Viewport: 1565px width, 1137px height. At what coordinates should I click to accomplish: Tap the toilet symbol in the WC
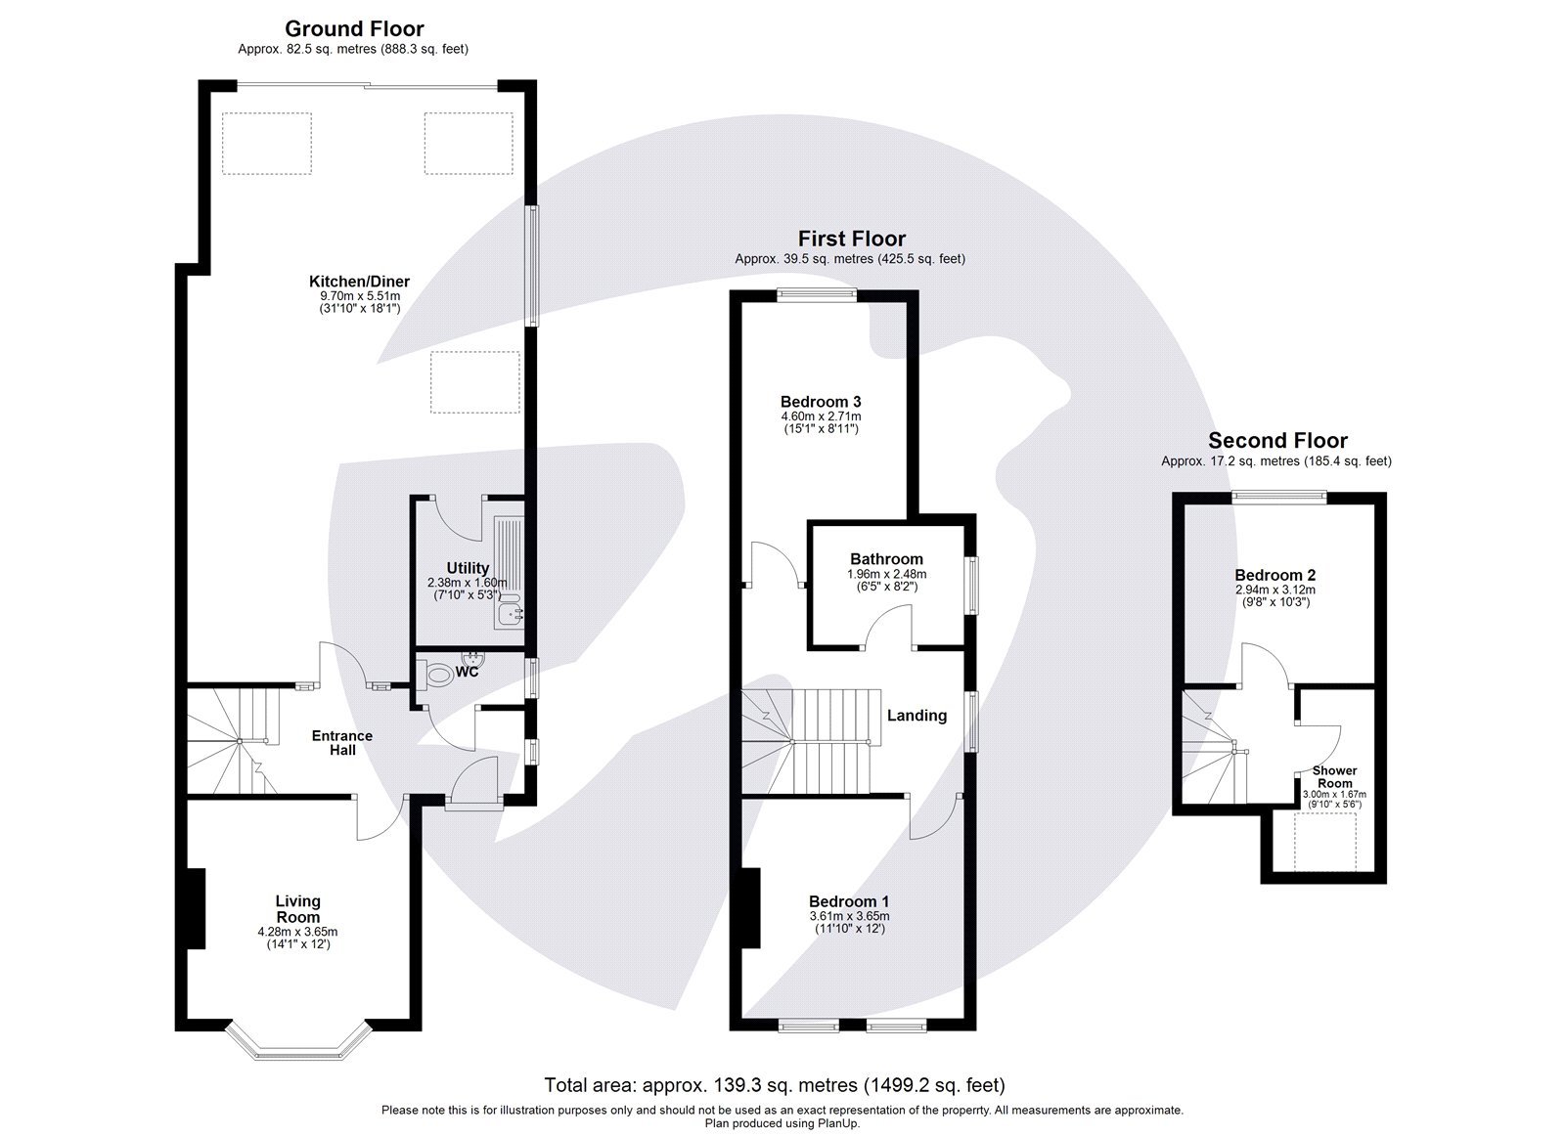(x=440, y=674)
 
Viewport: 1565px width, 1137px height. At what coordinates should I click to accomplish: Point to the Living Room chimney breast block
(x=196, y=908)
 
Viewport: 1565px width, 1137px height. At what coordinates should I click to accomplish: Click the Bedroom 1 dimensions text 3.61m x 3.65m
(x=848, y=916)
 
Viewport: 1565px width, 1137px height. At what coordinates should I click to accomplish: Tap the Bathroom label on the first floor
(x=886, y=559)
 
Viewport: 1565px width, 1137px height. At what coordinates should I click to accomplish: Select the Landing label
(x=917, y=716)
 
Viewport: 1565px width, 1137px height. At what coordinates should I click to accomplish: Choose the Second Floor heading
(x=1277, y=441)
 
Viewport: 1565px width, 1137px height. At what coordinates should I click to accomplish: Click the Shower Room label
(x=1334, y=777)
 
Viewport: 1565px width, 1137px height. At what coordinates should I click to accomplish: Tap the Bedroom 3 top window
(x=817, y=291)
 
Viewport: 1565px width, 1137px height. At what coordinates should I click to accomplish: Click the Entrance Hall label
(x=341, y=743)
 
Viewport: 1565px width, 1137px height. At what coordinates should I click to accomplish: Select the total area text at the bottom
(x=774, y=1085)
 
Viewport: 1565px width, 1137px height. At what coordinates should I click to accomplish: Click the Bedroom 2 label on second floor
(x=1274, y=575)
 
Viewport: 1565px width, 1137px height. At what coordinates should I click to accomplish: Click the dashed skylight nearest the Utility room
(x=474, y=384)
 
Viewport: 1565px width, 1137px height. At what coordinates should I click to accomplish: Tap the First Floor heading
(x=851, y=239)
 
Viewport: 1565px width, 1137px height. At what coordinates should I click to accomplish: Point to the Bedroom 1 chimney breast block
(x=751, y=908)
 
